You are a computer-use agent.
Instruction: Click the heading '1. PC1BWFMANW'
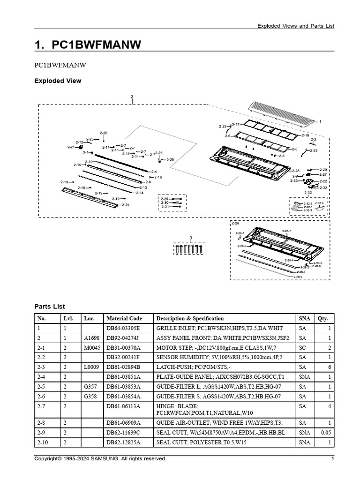pyautogui.click(x=88, y=45)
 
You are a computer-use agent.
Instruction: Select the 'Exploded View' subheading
pyautogui.click(x=58, y=81)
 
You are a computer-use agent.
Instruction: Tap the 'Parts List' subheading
pyautogui.click(x=50, y=307)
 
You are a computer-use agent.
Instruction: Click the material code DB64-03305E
pyautogui.click(x=123, y=328)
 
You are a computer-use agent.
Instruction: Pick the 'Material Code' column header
pyautogui.click(x=124, y=318)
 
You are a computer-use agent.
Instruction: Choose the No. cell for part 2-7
pyautogui.click(x=42, y=406)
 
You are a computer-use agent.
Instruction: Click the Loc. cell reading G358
pyautogui.click(x=90, y=396)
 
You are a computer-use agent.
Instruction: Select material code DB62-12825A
pyautogui.click(x=123, y=442)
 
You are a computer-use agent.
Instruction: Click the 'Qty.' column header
pyautogui.click(x=323, y=318)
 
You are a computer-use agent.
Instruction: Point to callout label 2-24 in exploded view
pyautogui.click(x=125, y=205)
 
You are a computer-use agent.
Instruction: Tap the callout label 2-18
pyautogui.click(x=305, y=135)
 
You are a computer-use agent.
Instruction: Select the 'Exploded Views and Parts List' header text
pyautogui.click(x=296, y=26)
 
